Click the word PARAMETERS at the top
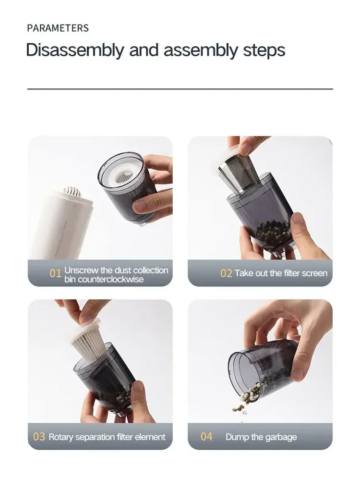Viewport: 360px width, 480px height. coord(58,28)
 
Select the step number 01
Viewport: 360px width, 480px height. coord(56,273)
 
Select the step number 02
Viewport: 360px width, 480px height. coord(226,273)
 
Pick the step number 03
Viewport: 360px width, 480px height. coord(39,437)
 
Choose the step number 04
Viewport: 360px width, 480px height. coord(206,437)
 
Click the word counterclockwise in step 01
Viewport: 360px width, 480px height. coord(104,279)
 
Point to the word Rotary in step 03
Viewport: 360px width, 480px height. coord(61,437)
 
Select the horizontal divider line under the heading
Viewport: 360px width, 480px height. coord(180,89)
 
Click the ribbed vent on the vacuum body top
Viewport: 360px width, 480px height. coord(72,192)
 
